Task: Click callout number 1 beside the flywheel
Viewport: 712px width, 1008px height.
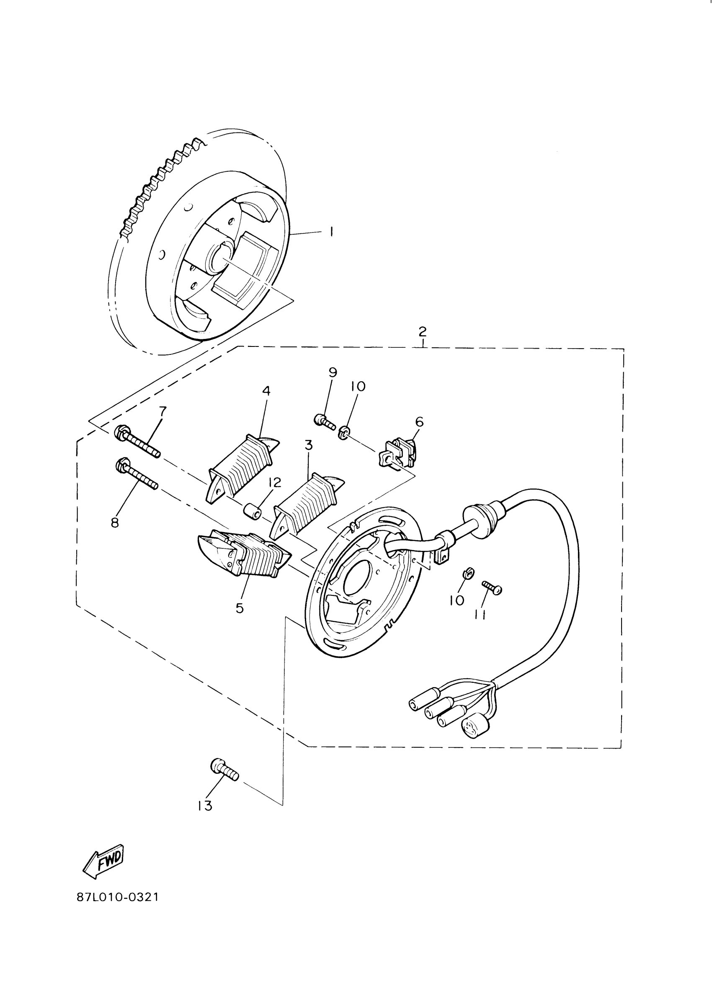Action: (331, 231)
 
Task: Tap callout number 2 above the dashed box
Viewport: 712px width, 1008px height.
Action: (422, 331)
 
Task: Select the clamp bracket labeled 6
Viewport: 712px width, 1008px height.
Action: (397, 453)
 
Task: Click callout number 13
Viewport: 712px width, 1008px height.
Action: (204, 806)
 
